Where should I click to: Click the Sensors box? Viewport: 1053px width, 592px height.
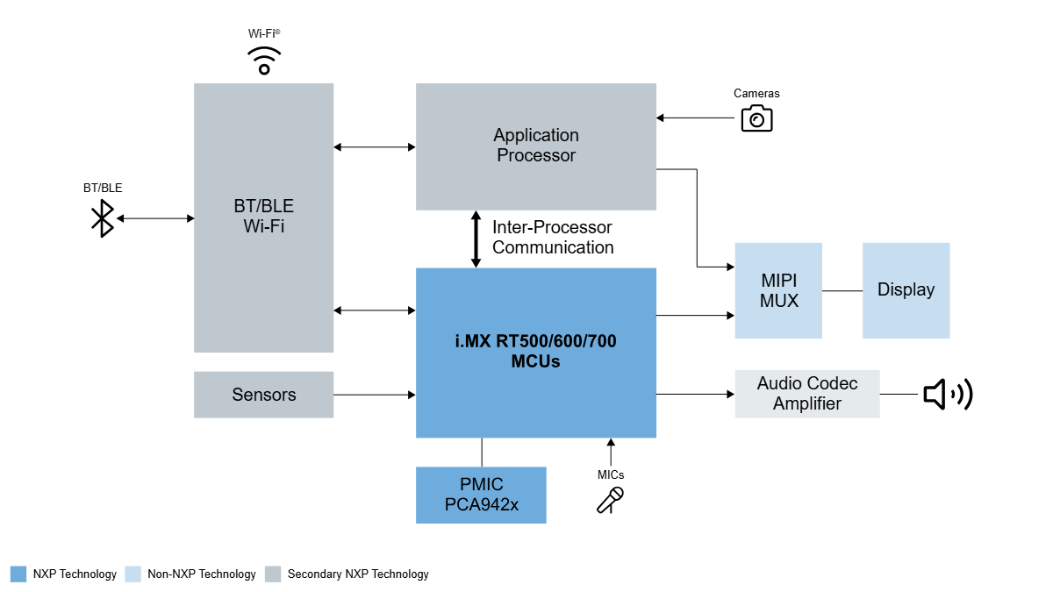click(x=263, y=395)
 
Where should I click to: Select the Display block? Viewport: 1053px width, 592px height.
click(x=906, y=290)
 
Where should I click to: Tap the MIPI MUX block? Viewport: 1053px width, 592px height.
click(x=778, y=290)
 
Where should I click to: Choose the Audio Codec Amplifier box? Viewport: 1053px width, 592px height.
click(x=806, y=394)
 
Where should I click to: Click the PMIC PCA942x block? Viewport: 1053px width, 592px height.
click(x=481, y=495)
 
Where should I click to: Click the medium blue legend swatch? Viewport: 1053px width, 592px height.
click(x=18, y=574)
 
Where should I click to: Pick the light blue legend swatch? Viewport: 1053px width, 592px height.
click(x=133, y=574)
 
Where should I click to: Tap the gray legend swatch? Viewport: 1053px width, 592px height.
click(x=273, y=574)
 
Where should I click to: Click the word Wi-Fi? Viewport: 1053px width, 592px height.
click(x=264, y=226)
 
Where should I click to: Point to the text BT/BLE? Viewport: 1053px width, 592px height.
click(x=264, y=206)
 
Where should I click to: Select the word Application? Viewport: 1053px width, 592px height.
click(x=536, y=135)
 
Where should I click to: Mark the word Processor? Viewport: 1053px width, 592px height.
click(x=536, y=155)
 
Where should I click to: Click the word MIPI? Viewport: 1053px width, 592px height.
click(x=779, y=281)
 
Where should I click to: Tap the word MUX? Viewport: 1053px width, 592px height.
click(x=779, y=301)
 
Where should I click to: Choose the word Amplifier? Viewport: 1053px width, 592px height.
click(x=807, y=403)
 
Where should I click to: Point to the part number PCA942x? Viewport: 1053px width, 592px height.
click(x=482, y=504)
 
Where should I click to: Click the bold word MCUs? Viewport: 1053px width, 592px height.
click(x=535, y=360)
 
